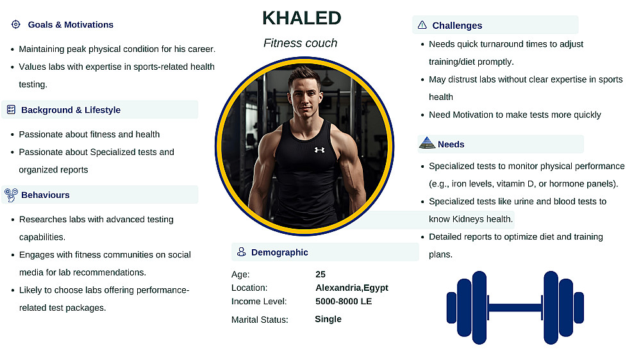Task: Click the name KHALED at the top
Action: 302,18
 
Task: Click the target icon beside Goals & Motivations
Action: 15,24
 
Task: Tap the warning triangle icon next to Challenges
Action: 422,25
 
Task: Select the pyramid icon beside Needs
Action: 427,143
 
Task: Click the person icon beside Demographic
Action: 242,252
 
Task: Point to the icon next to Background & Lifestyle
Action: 11,110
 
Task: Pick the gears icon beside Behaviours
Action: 11,195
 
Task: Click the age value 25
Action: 320,274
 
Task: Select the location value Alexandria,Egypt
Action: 351,288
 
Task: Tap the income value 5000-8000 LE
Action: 344,302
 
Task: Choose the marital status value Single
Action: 328,319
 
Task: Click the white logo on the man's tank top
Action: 319,150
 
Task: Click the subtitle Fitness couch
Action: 300,43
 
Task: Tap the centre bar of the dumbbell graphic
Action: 515,307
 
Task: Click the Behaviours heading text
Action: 46,195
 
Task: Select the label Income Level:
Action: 259,302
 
